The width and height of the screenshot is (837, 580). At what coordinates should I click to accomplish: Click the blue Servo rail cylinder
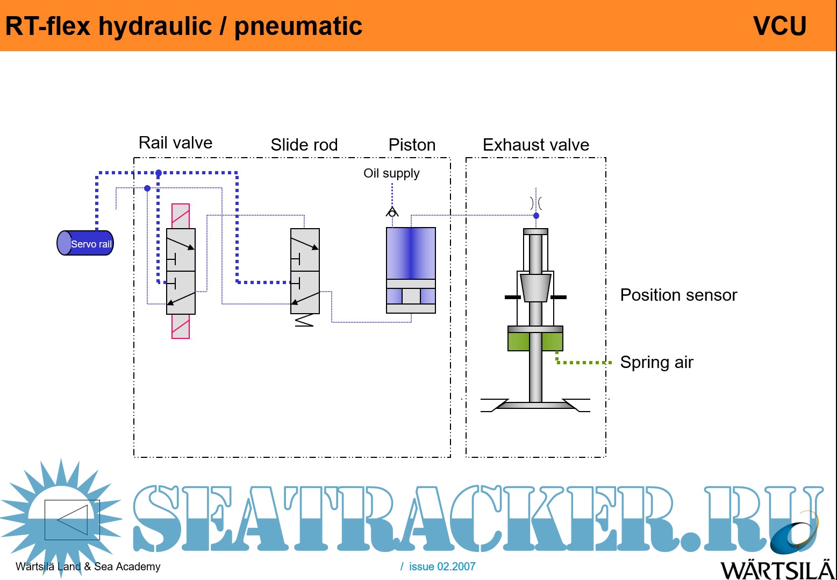point(85,243)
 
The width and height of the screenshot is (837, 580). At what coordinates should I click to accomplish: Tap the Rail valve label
point(175,143)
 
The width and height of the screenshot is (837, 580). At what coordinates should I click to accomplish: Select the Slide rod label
point(304,145)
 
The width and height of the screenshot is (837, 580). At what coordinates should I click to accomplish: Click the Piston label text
point(412,145)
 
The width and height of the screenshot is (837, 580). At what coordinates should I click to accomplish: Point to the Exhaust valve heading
point(535,145)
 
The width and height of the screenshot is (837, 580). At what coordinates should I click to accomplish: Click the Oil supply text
point(391,173)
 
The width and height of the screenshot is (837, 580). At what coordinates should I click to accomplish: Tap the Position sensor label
point(678,295)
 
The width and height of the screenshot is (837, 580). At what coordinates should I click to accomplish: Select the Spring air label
point(656,362)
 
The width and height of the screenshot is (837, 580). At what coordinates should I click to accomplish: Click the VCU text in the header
point(779,26)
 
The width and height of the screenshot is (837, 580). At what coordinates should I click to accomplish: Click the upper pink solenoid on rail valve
point(181,216)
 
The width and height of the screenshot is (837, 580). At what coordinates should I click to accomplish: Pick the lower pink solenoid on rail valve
point(181,326)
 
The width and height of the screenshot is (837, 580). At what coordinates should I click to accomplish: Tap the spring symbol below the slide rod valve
point(304,321)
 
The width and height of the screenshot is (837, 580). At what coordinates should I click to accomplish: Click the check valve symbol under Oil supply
point(392,212)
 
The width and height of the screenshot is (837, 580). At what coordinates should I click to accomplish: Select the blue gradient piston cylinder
point(411,253)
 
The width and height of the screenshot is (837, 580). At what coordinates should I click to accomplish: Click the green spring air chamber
point(535,342)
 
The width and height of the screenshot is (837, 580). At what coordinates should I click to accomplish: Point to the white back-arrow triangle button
point(72,520)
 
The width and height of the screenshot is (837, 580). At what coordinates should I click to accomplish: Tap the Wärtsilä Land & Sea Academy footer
point(88,567)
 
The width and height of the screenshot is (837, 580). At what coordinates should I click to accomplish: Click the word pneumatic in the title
point(298,26)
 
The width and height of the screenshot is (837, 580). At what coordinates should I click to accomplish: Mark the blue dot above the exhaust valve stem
point(536,216)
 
